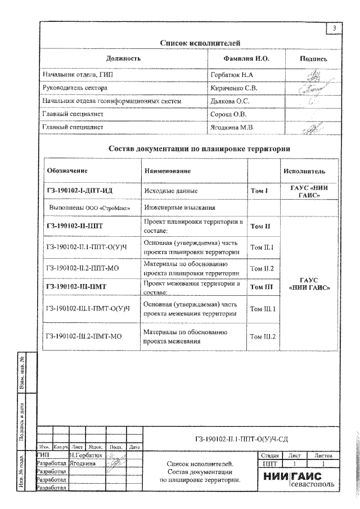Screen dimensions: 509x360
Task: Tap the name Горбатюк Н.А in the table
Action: tap(232, 74)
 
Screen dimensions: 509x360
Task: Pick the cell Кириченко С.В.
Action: tap(234, 88)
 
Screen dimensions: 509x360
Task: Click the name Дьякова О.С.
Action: tap(229, 101)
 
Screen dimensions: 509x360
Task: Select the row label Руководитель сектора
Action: tap(75, 88)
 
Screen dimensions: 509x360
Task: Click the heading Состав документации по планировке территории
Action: tap(199, 149)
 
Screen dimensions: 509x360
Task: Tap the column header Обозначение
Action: tap(67, 170)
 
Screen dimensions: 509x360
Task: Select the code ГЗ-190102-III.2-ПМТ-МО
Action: tap(84, 336)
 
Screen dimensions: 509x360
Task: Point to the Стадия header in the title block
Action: tap(268, 455)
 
